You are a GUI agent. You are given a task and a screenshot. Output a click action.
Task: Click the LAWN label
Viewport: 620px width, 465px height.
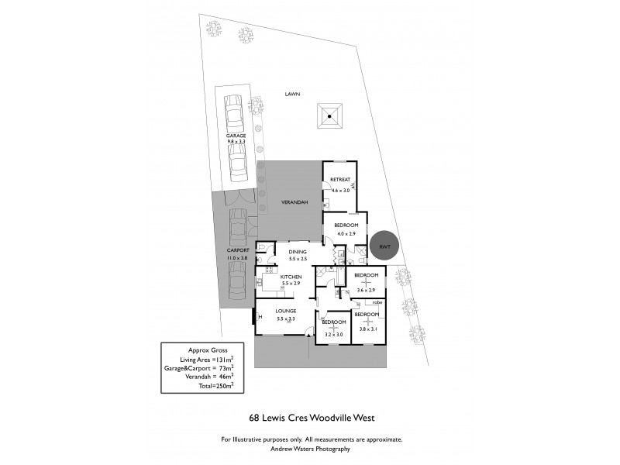(291, 94)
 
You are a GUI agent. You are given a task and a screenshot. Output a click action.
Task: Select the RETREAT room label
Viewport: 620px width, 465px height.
(340, 180)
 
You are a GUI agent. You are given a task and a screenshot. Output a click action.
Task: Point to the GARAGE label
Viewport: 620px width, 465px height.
(236, 136)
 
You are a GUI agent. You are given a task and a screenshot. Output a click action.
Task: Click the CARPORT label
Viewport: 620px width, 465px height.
(237, 250)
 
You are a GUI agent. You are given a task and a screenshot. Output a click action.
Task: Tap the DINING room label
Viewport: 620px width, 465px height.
(298, 251)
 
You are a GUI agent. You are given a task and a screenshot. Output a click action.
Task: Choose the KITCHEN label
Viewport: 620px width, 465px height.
(290, 277)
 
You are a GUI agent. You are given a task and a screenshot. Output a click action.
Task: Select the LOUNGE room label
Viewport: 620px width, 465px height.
(286, 311)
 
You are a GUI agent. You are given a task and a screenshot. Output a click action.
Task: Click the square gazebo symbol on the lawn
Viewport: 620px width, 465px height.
(330, 116)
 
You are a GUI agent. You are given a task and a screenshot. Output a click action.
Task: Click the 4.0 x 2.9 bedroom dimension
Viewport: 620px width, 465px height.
(345, 233)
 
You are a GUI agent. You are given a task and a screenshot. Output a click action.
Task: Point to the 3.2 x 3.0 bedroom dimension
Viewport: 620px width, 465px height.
(333, 335)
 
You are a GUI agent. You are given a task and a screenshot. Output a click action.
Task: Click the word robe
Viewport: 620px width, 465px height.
(377, 302)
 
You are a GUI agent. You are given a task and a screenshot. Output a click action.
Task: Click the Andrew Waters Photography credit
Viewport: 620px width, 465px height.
(310, 449)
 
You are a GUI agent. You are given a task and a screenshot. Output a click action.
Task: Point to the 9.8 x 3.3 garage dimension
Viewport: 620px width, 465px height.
(236, 142)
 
